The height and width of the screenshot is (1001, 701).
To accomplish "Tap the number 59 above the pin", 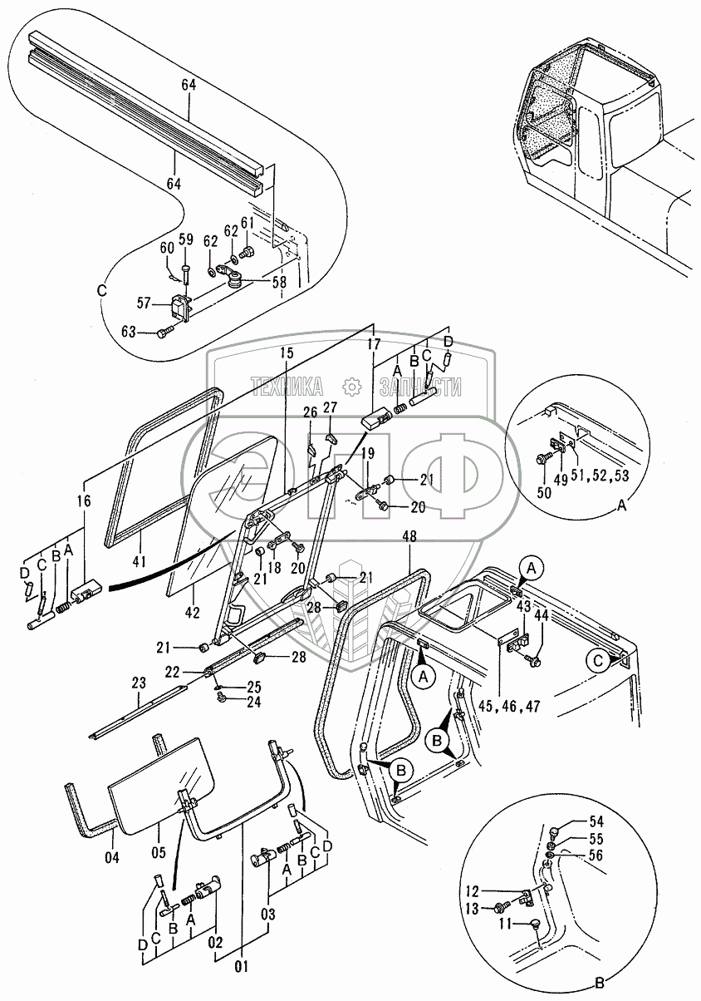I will (x=186, y=240).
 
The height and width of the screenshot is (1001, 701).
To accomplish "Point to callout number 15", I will (x=287, y=353).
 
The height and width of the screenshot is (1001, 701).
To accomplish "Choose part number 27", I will (x=330, y=407).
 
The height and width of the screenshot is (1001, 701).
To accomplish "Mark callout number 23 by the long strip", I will (x=139, y=683).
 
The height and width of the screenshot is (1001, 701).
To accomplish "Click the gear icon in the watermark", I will (x=351, y=386).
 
